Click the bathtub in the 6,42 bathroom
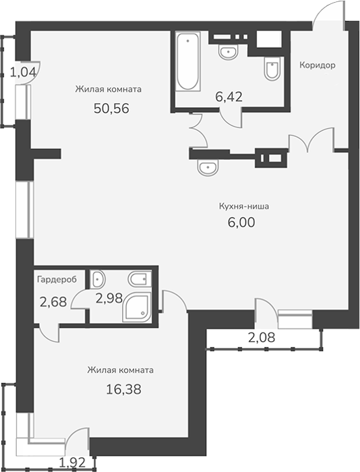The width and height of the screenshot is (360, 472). [x=188, y=62]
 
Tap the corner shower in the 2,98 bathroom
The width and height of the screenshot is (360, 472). [x=137, y=306]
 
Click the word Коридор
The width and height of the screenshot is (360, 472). [x=318, y=65]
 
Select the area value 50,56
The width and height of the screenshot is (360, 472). [x=111, y=109]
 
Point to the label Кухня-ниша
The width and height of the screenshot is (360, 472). [x=244, y=206]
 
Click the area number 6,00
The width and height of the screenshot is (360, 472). [x=241, y=223]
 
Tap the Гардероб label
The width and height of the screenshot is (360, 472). [x=57, y=280]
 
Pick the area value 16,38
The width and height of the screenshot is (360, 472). [x=123, y=390]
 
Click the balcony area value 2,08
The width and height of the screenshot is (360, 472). [x=262, y=337]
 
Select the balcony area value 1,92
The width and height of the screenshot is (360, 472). [x=73, y=463]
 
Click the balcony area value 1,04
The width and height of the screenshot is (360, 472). [x=23, y=72]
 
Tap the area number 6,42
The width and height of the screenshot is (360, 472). [x=229, y=97]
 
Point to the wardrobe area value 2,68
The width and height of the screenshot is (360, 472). [x=53, y=301]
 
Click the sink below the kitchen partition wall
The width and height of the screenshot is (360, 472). [x=208, y=167]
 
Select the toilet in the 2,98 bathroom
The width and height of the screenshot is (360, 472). [x=140, y=280]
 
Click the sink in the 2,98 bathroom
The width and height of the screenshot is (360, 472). [x=98, y=279]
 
